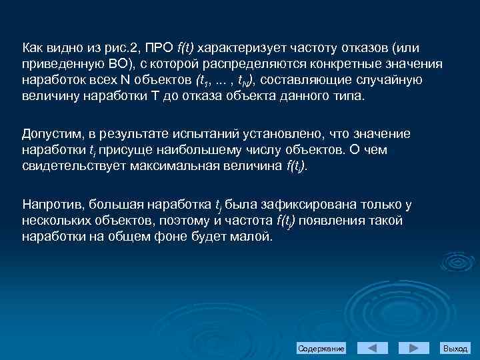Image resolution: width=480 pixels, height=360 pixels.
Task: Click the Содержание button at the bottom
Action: (321, 349)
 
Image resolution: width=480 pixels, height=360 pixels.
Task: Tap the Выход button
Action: (455, 349)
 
